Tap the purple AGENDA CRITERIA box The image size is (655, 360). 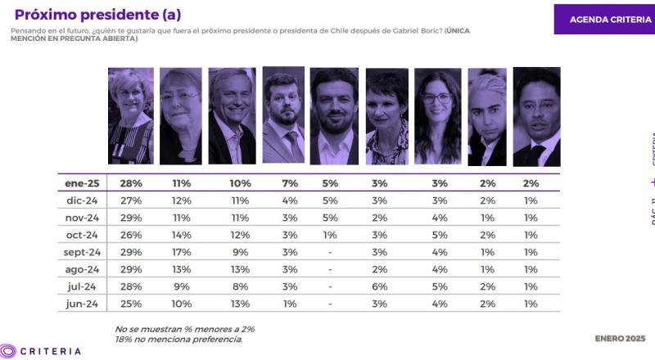pos(603,19)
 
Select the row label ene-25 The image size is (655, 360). pos(83,183)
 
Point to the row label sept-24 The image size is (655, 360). pos(83,252)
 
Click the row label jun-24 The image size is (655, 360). pos(83,304)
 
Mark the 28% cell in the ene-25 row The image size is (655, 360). pos(131,183)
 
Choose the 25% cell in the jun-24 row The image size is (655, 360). pos(131,304)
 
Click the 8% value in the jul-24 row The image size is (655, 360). pos(240,286)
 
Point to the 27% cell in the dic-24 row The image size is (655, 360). pos(131,200)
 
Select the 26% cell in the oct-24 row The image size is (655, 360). pos(131,235)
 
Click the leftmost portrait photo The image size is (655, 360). pos(131,116)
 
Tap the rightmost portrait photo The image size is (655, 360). pos(536,116)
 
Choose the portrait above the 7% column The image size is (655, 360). pos(283,116)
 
